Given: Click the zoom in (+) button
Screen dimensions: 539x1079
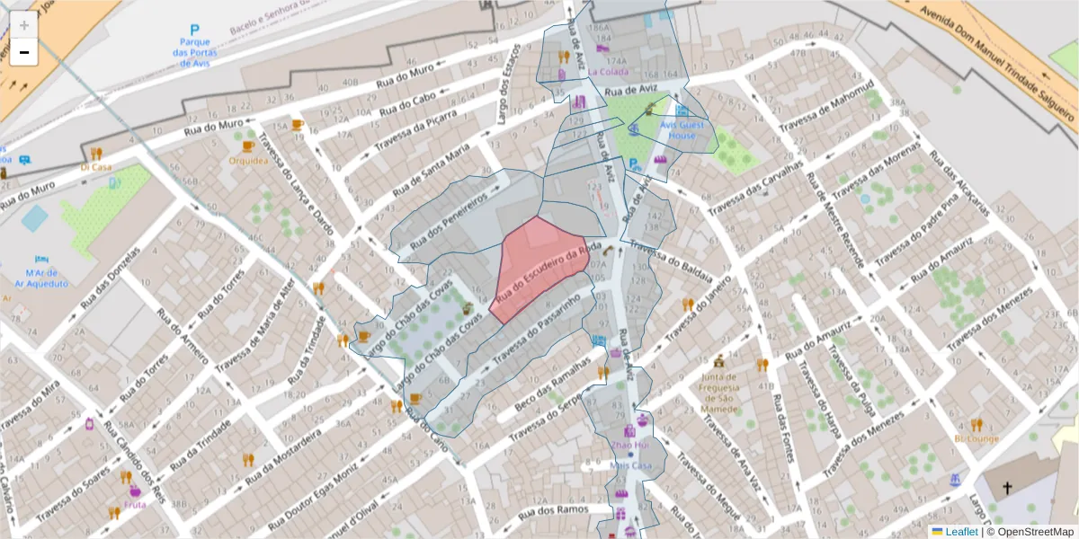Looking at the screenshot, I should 23,25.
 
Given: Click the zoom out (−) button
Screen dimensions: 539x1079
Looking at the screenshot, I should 23,53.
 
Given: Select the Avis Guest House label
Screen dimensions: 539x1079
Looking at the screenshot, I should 681,130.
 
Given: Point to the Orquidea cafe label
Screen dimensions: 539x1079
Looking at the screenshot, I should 249,161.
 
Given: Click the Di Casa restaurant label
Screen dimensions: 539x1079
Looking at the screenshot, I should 96,166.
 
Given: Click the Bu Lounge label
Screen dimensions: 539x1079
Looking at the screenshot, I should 976,438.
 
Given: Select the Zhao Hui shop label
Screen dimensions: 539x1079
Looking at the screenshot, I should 629,445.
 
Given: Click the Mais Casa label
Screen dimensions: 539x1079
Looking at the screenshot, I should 630,465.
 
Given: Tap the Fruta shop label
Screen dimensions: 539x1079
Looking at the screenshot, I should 136,504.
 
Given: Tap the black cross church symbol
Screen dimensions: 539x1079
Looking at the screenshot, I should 1007,489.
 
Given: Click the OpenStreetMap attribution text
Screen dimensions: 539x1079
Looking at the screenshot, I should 1035,532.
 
